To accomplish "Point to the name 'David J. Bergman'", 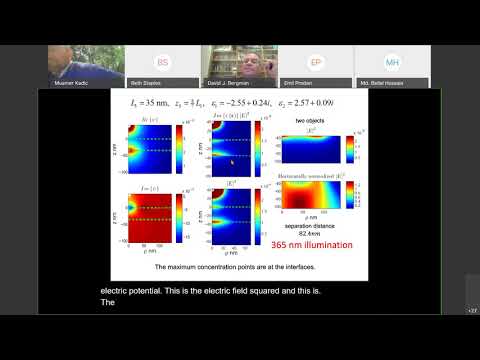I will pos(228,85).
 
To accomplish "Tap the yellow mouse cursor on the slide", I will pos(232,160).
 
